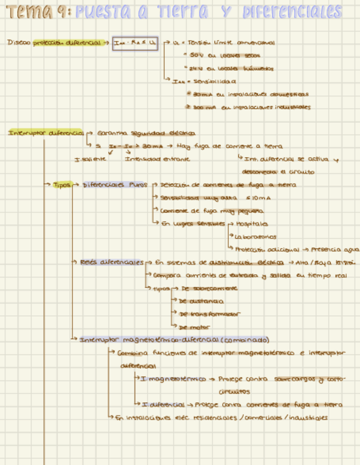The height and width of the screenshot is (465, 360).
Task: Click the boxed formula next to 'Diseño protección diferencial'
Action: pos(135,42)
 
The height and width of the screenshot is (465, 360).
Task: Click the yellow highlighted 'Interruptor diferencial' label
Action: pos(46,133)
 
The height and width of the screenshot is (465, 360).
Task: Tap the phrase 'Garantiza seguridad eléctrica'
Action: pos(145,133)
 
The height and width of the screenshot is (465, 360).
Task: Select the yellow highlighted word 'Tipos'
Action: pos(61,185)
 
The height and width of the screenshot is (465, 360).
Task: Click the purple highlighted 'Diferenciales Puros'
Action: pos(115,185)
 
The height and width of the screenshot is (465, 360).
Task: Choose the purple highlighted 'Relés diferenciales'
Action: pos(111,263)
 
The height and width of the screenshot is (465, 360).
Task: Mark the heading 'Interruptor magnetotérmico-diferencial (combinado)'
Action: pos(175,339)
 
